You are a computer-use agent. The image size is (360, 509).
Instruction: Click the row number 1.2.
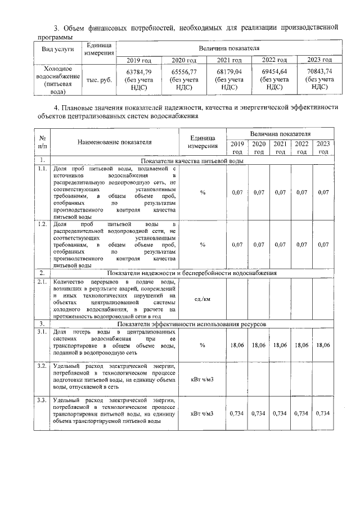(41, 224)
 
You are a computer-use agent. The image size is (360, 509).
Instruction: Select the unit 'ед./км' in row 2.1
(202, 299)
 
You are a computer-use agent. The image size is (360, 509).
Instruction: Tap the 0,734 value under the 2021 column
(280, 413)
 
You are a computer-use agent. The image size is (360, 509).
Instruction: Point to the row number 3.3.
(41, 400)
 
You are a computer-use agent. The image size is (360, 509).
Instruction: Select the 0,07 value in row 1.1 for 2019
(237, 192)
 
